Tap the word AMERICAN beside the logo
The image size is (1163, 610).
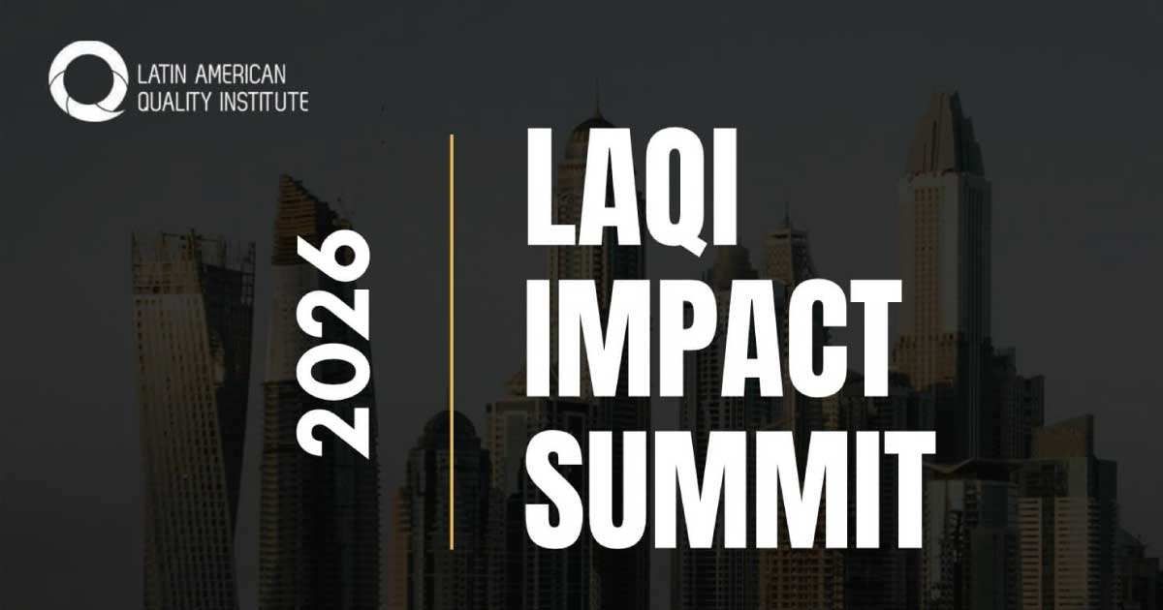point(239,75)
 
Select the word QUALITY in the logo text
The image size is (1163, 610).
point(175,101)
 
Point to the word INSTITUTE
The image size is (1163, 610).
point(265,101)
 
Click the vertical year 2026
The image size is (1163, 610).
point(332,344)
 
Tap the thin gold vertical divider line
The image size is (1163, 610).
point(452,341)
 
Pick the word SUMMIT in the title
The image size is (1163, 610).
point(731,490)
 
